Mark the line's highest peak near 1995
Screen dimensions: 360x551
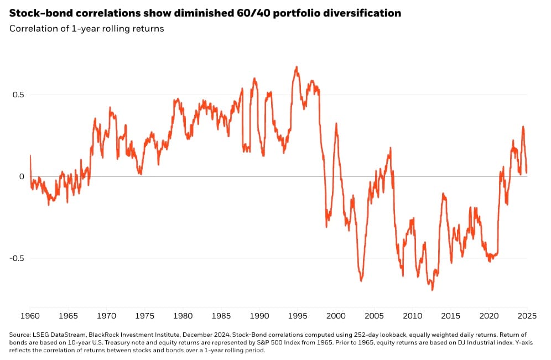coord(297,67)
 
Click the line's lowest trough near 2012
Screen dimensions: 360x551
coord(432,290)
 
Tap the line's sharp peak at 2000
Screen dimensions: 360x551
coord(336,124)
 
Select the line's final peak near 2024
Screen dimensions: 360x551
coord(523,127)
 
